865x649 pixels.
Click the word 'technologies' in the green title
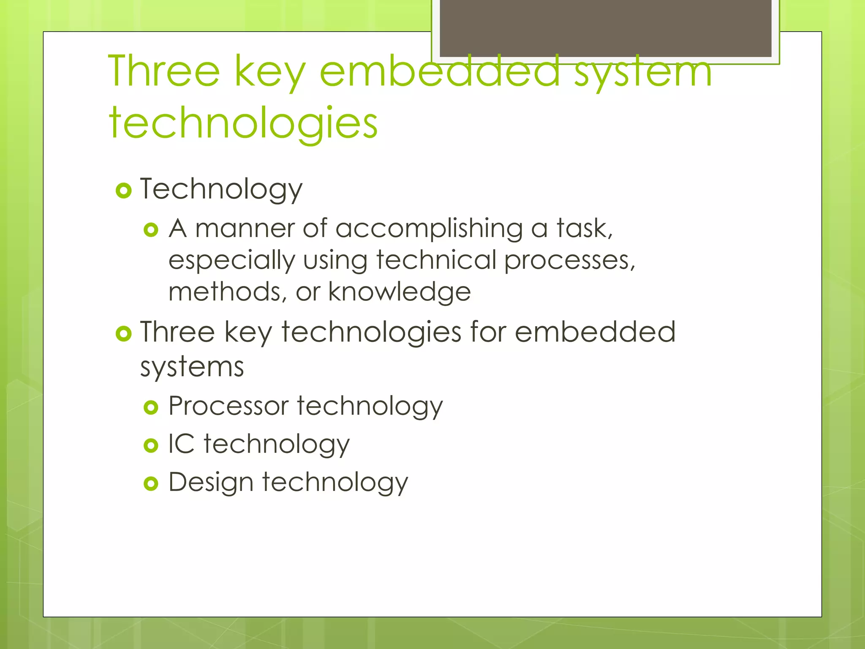coord(243,123)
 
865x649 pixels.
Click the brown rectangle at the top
coord(605,28)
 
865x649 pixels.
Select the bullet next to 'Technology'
coord(123,191)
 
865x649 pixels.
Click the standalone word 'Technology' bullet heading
coord(221,189)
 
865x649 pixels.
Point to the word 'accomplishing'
coord(429,229)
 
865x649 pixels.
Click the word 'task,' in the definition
coord(584,229)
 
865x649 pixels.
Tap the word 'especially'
coord(231,260)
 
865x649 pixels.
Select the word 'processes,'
coord(570,260)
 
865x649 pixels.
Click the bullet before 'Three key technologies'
coord(123,334)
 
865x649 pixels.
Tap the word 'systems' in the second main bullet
coord(192,366)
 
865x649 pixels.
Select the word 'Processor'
coord(228,406)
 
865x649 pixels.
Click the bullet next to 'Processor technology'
coord(151,407)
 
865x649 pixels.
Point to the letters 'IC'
coord(181,444)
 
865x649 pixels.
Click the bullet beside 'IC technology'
coord(151,445)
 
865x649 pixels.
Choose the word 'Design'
coord(211,482)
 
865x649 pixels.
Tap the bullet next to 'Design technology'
coord(151,483)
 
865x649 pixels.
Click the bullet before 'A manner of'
coord(151,230)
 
